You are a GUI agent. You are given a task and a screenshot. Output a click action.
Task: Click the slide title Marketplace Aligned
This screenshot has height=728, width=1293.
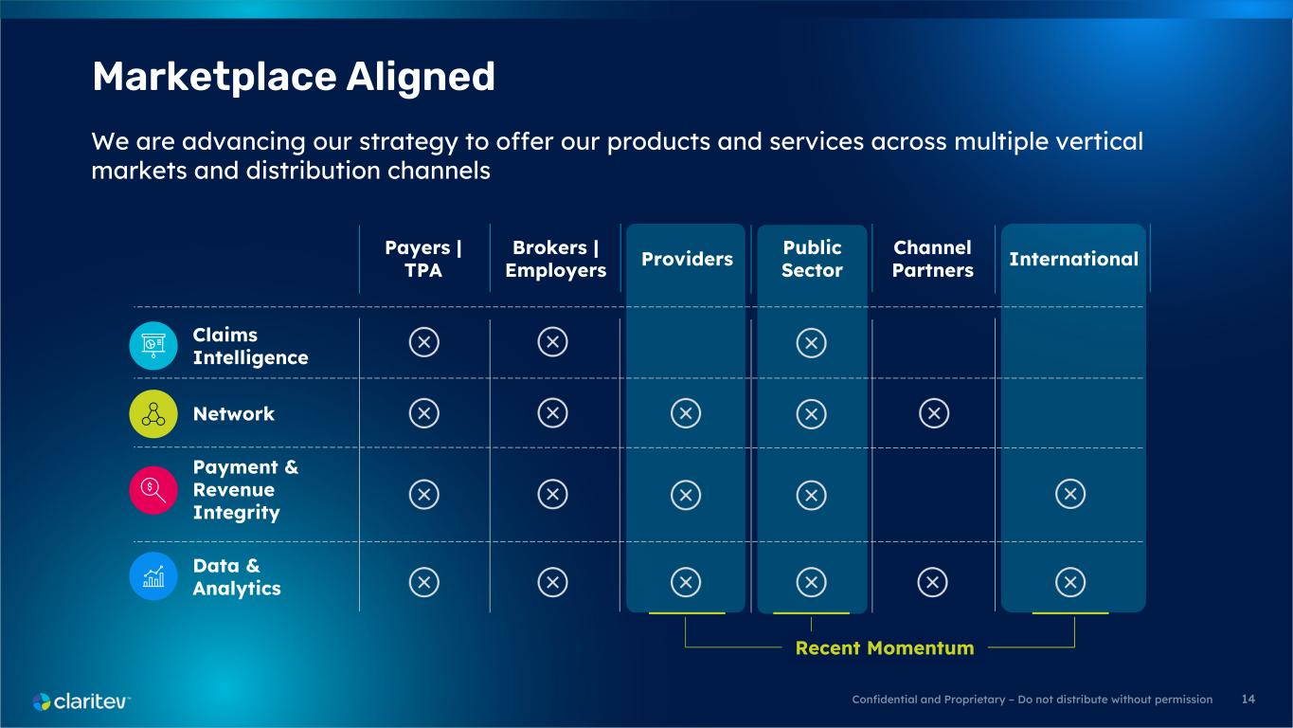(x=294, y=77)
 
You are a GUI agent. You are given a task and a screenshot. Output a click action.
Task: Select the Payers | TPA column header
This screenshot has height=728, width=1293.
(x=423, y=259)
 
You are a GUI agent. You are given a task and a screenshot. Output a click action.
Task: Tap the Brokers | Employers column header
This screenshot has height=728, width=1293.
(x=555, y=259)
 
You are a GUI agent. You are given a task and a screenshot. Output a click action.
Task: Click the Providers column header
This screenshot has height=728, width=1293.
(x=687, y=259)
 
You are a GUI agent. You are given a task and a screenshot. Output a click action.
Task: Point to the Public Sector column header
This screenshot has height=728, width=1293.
(x=812, y=259)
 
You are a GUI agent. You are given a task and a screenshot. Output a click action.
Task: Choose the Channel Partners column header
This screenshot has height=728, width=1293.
(x=933, y=259)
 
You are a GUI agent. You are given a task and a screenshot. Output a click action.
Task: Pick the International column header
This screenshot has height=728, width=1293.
(x=1073, y=259)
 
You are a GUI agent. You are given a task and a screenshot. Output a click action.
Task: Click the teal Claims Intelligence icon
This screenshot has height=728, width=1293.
(x=153, y=345)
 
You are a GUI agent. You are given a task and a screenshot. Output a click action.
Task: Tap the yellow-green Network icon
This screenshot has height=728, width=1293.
(x=153, y=413)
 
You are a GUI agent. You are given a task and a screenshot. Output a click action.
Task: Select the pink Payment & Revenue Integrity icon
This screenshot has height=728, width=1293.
(x=153, y=490)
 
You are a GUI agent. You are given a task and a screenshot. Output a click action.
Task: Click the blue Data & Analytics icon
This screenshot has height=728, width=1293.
(x=153, y=576)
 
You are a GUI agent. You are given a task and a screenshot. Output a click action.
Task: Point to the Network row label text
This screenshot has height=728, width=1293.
(x=234, y=413)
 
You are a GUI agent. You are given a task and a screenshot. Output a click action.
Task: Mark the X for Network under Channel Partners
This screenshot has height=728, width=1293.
(x=934, y=413)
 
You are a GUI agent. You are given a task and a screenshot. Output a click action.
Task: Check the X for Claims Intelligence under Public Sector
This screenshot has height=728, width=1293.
(x=811, y=343)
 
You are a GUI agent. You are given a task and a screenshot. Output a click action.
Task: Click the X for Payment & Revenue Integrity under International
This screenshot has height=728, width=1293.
(x=1070, y=494)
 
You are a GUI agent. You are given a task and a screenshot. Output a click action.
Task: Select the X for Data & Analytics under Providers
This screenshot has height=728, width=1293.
(x=686, y=582)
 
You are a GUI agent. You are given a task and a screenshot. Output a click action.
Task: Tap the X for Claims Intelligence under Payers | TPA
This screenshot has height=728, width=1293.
(x=424, y=342)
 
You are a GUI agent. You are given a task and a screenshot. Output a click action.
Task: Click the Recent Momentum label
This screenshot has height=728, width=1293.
(x=885, y=647)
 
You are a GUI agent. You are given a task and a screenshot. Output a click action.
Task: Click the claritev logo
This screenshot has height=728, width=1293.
(x=81, y=701)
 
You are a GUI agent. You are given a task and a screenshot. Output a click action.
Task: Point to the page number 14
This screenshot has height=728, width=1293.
(x=1248, y=700)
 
